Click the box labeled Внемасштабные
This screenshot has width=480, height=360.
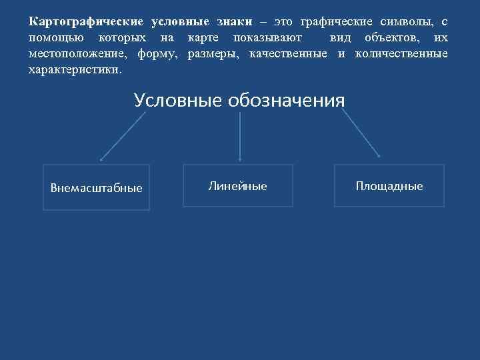(x=97, y=187)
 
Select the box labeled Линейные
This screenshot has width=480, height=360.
(x=238, y=186)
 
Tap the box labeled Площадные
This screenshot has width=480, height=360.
(x=389, y=186)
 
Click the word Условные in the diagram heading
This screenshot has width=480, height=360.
(x=178, y=101)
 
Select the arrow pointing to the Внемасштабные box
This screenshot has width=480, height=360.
(x=123, y=136)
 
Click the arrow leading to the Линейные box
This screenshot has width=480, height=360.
(x=240, y=136)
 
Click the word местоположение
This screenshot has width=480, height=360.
(x=79, y=53)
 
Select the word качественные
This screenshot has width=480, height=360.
(x=288, y=53)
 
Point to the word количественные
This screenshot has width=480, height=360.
(x=401, y=53)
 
